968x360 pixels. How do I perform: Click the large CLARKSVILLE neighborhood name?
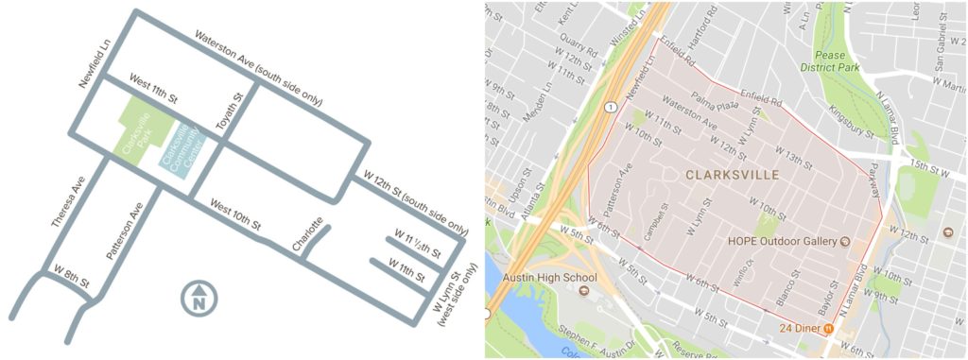[x=733, y=175]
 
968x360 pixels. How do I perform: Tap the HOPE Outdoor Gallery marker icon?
[x=844, y=241]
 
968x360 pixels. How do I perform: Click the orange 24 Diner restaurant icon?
[x=829, y=328]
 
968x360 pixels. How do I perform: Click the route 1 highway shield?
[x=613, y=107]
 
